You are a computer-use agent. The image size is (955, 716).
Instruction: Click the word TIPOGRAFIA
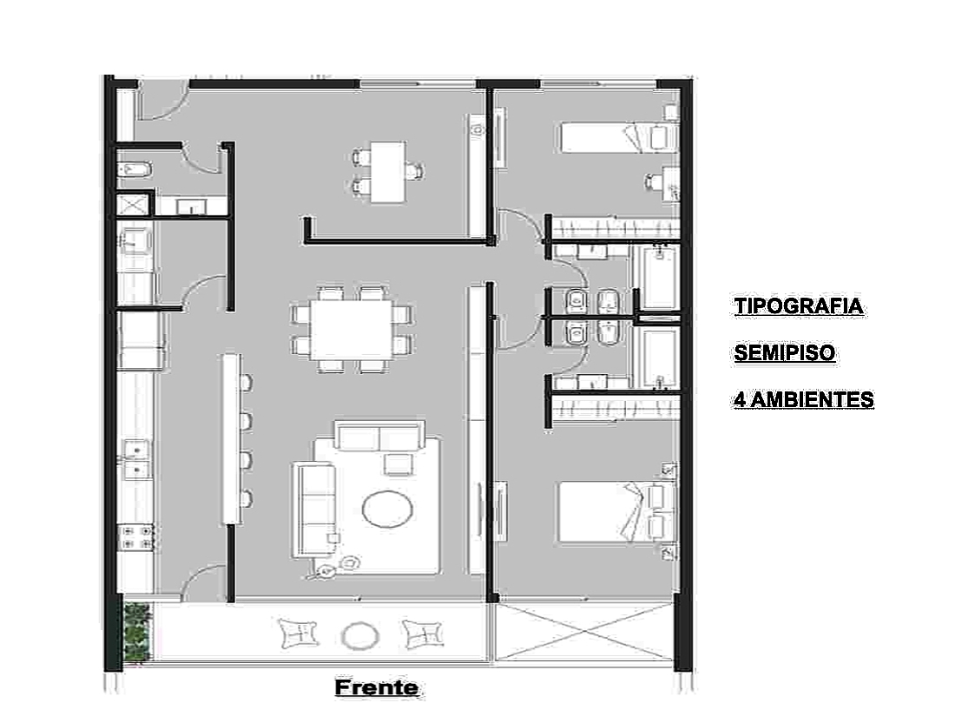(x=799, y=305)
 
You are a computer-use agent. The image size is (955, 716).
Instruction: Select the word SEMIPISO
(x=785, y=352)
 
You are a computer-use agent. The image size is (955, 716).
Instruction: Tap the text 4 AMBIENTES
(x=804, y=399)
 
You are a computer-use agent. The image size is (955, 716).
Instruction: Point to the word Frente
(x=377, y=687)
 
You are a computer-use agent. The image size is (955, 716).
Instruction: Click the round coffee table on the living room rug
(x=387, y=509)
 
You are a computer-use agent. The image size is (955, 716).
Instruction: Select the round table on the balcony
(x=360, y=635)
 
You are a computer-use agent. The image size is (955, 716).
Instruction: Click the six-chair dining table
(x=352, y=330)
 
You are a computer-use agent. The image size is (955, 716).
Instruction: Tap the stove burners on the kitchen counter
(x=137, y=536)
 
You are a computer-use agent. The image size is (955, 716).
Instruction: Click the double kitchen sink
(x=137, y=460)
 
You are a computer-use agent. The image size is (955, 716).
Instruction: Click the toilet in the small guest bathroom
(x=134, y=169)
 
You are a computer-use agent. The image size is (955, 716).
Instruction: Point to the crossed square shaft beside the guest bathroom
(x=133, y=205)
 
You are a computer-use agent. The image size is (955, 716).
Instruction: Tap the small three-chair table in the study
(x=388, y=173)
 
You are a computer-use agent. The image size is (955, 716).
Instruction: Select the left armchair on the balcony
(x=299, y=634)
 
